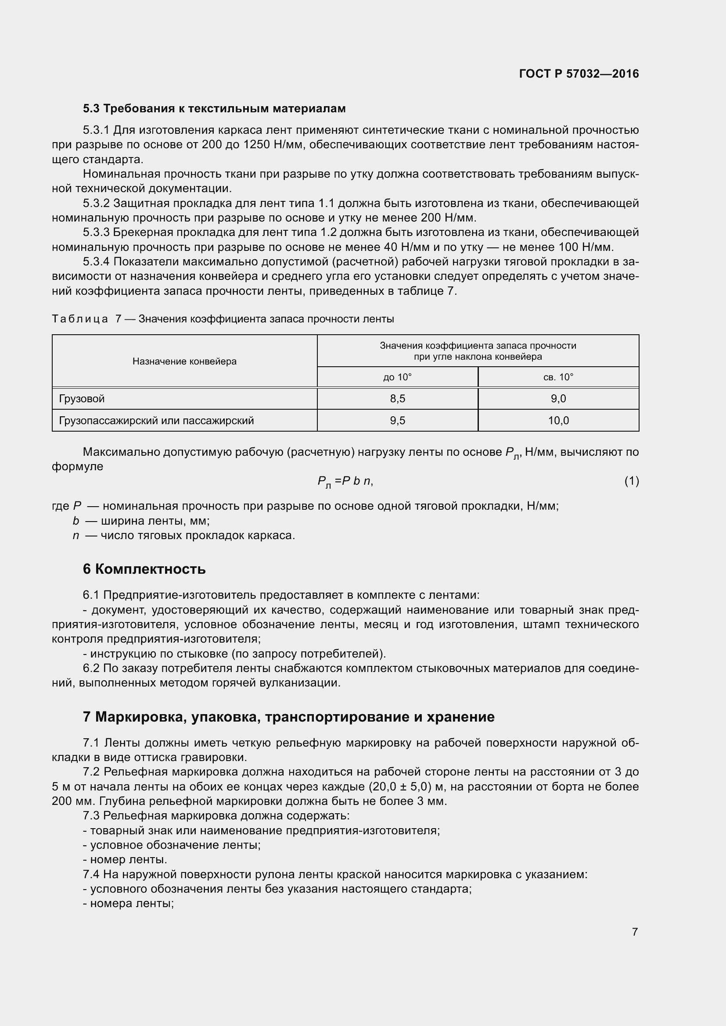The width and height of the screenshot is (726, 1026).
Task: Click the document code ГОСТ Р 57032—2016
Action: click(x=579, y=74)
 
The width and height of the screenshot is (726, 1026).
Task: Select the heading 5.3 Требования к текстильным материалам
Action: click(x=214, y=109)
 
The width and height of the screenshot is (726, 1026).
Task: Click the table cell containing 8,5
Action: click(x=397, y=399)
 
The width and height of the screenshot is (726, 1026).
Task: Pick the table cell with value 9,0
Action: click(x=558, y=399)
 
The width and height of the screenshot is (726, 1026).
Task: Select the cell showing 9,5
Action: click(x=397, y=421)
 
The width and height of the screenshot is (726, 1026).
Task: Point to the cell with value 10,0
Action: click(x=558, y=421)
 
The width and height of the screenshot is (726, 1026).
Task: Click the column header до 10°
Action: click(x=397, y=377)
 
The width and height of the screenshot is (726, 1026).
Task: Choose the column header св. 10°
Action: click(x=558, y=377)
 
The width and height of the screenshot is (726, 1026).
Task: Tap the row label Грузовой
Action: click(x=82, y=399)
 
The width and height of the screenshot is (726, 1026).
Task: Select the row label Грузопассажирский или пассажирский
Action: click(x=156, y=421)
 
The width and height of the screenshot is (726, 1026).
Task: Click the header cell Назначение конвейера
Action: click(x=184, y=361)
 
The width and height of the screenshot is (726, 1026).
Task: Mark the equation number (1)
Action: click(x=631, y=481)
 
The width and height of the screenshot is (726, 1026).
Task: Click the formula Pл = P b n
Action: click(x=345, y=481)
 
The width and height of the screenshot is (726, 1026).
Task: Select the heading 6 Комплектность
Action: click(x=144, y=569)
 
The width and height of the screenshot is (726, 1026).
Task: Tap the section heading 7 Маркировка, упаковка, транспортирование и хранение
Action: click(x=288, y=717)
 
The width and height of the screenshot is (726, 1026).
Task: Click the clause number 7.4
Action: click(x=92, y=875)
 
